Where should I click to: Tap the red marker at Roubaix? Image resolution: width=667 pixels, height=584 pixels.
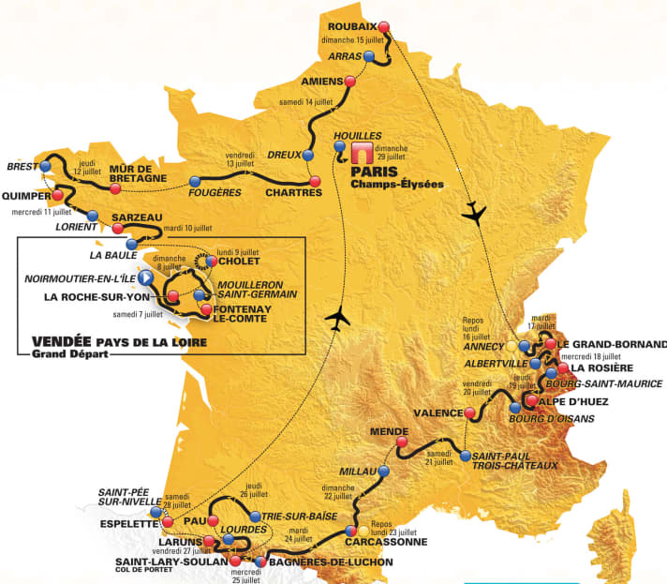(x=383, y=26)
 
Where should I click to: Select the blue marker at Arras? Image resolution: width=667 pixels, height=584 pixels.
(x=369, y=57)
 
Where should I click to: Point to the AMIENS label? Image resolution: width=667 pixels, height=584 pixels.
(x=323, y=82)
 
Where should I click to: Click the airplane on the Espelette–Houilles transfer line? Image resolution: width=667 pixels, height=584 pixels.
(x=336, y=320)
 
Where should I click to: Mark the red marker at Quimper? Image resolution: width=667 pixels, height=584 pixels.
(x=58, y=196)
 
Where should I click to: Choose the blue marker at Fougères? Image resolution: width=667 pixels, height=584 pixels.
(x=195, y=181)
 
